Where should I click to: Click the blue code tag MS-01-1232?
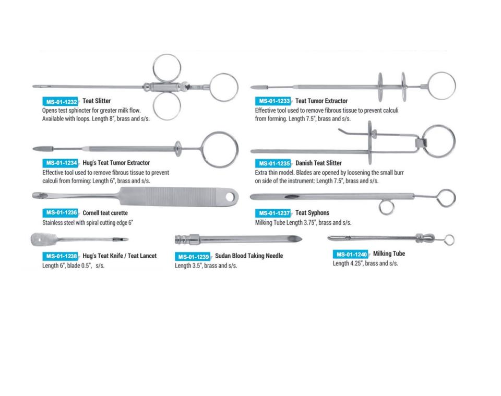(x=60, y=102)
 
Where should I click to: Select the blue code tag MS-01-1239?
(x=193, y=257)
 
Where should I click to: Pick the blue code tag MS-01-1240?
(x=351, y=255)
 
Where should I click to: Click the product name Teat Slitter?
(x=97, y=101)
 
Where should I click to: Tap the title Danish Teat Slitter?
(x=318, y=163)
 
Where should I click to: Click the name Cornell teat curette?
(x=105, y=213)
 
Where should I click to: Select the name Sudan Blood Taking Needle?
(x=249, y=256)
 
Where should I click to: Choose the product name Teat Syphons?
(x=312, y=213)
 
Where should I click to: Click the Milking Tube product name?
(x=389, y=254)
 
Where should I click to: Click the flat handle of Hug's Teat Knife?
(x=41, y=239)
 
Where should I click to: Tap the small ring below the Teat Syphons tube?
(x=386, y=208)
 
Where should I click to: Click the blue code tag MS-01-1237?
(x=273, y=213)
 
